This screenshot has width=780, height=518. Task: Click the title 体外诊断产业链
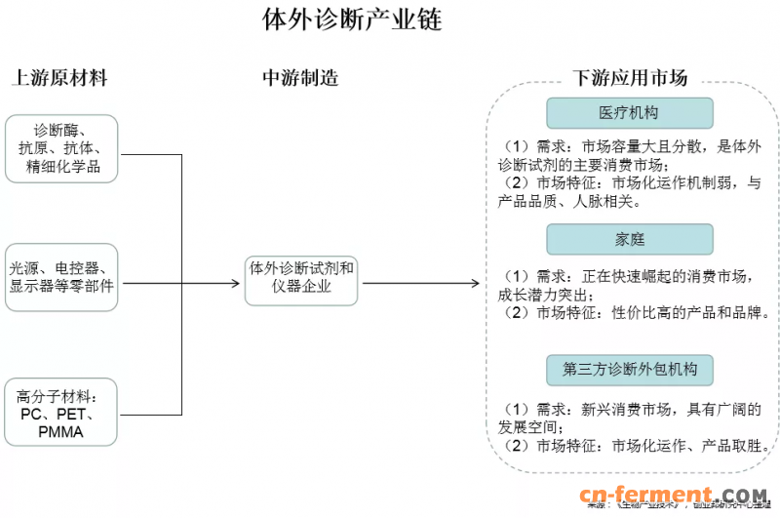click(x=351, y=20)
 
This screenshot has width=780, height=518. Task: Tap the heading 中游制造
click(x=300, y=78)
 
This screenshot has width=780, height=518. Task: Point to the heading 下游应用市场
click(x=630, y=78)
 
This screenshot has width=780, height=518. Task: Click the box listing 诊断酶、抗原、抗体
click(x=61, y=148)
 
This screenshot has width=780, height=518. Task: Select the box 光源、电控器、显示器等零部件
click(x=61, y=277)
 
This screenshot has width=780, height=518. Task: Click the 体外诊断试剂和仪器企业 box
click(x=302, y=277)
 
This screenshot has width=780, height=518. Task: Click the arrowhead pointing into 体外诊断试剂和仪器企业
click(x=235, y=284)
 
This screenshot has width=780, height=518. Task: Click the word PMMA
click(x=60, y=431)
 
